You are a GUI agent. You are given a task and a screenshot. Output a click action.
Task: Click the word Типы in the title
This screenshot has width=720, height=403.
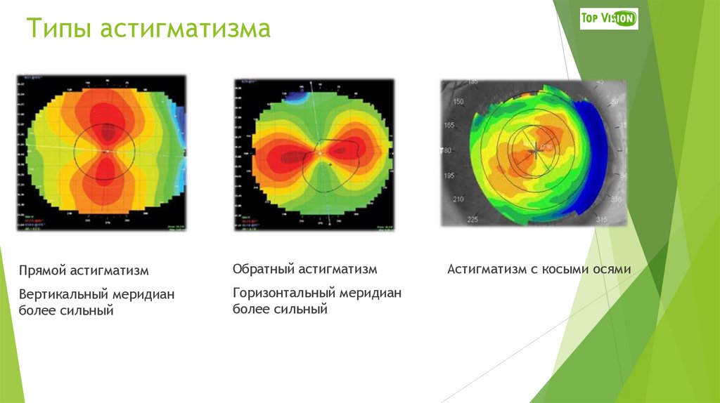58,30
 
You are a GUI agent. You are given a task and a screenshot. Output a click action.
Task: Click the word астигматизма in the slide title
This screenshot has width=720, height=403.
184,30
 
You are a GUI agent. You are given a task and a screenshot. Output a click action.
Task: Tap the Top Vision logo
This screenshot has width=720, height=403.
608,18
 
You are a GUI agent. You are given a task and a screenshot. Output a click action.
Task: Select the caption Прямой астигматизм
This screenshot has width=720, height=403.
84,270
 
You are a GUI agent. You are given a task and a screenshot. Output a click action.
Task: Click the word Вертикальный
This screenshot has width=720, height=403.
63,293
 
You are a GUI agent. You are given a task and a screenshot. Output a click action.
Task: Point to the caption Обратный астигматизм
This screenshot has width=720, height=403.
305,270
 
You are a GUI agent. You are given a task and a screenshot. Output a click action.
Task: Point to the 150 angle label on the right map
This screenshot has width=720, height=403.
459,103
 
